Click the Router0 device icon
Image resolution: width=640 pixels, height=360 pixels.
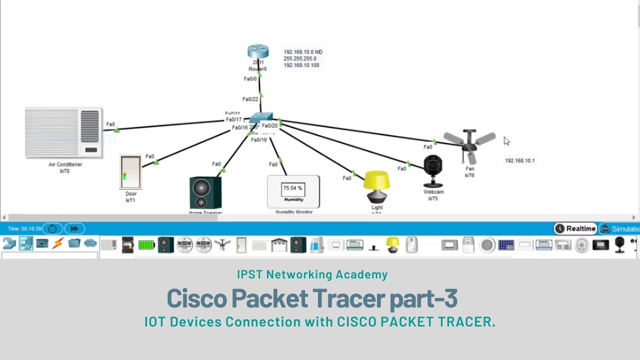(258, 52)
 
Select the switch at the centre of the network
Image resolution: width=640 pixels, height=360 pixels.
(261, 118)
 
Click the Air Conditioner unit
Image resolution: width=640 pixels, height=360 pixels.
(63, 133)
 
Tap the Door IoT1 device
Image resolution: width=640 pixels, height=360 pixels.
(130, 172)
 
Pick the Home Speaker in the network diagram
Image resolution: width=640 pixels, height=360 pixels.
(205, 192)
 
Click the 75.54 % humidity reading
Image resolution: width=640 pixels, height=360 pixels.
(293, 188)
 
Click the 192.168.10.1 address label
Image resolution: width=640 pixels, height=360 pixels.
(519, 161)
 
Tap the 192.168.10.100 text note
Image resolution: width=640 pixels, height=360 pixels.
(301, 65)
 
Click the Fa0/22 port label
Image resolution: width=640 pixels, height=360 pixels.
(250, 99)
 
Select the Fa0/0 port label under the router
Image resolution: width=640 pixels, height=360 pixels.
(250, 79)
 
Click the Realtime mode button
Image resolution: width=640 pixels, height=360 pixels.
(575, 228)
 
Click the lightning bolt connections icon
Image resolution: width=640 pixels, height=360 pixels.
(58, 244)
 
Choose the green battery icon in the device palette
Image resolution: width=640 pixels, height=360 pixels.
(146, 245)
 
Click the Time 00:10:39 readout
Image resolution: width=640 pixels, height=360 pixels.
(24, 229)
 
